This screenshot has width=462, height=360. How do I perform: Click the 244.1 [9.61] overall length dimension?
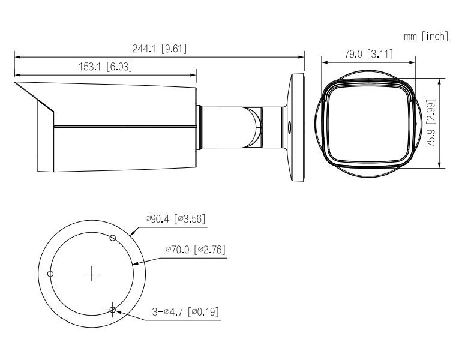coord(159,49)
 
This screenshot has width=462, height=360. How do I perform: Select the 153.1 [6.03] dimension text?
coord(106,67)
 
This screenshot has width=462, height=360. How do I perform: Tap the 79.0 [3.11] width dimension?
coord(367,55)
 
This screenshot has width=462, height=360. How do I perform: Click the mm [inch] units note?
coord(425,37)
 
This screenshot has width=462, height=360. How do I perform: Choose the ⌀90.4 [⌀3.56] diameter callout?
coord(175,219)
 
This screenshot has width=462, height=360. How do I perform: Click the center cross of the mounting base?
coord(91,274)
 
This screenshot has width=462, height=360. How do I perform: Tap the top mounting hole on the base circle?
coord(112,238)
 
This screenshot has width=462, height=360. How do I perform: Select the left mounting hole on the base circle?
coord(50,274)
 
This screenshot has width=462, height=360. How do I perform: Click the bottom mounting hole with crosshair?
coord(112,310)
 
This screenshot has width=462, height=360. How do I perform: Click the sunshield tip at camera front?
coord(17,83)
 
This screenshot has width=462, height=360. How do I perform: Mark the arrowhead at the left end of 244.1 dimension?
coord(16,57)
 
